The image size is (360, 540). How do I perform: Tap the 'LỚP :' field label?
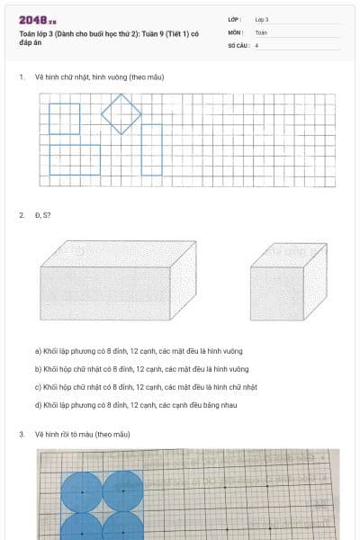click(235, 19)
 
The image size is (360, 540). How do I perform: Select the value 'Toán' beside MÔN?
click(261, 31)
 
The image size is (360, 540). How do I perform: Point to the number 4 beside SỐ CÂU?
click(257, 44)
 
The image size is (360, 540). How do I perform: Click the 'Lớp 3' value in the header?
click(262, 19)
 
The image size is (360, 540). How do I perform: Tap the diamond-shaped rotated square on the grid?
click(121, 113)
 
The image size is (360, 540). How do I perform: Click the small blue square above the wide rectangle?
click(64, 118)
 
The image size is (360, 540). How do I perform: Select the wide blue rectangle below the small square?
click(75, 159)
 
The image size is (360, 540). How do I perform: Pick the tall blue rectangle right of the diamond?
click(151, 149)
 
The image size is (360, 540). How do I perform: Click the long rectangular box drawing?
click(118, 280)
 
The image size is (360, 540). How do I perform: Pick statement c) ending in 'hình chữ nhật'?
click(146, 387)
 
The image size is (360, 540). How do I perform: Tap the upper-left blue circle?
click(81, 491)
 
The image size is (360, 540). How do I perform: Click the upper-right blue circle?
click(122, 491)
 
